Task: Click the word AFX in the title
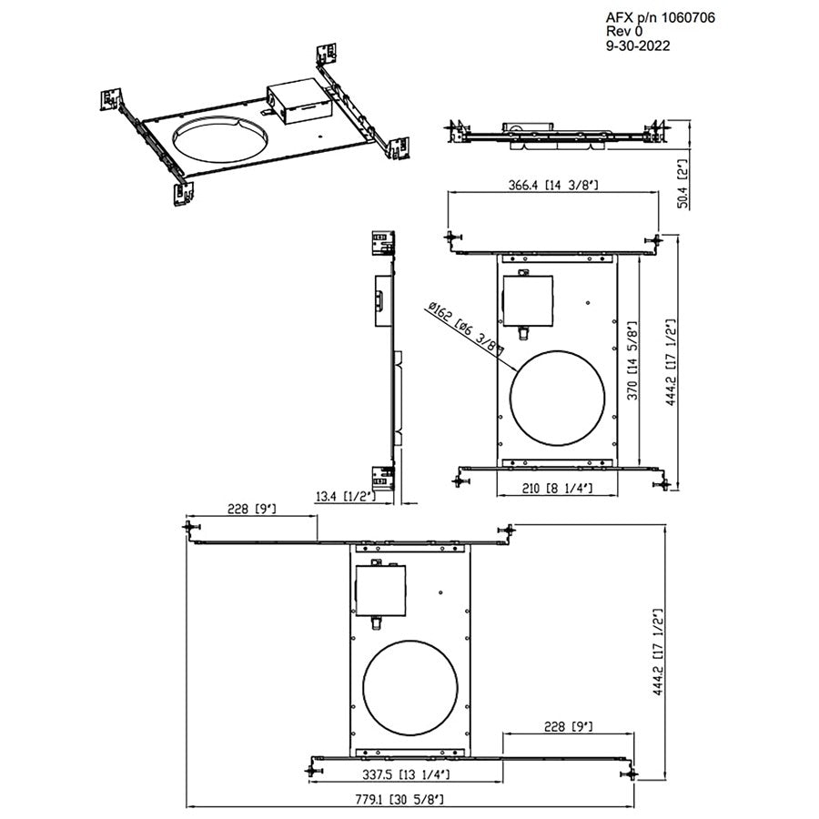619,15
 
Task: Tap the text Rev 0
624,31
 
